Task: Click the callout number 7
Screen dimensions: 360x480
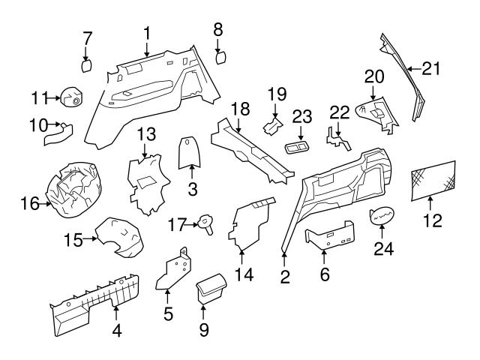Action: (87, 37)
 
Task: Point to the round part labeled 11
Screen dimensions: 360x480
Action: (73, 97)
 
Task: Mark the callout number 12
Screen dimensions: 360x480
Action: (433, 221)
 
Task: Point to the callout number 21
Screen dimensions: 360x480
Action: (430, 69)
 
